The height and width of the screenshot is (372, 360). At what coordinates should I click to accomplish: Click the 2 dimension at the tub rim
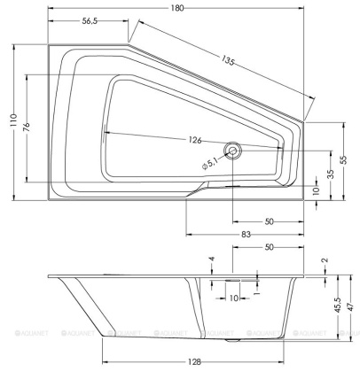click(x=324, y=261)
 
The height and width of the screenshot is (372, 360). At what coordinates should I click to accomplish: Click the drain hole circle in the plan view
click(x=233, y=151)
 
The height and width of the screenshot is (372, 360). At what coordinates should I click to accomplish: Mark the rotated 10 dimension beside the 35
click(x=317, y=190)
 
